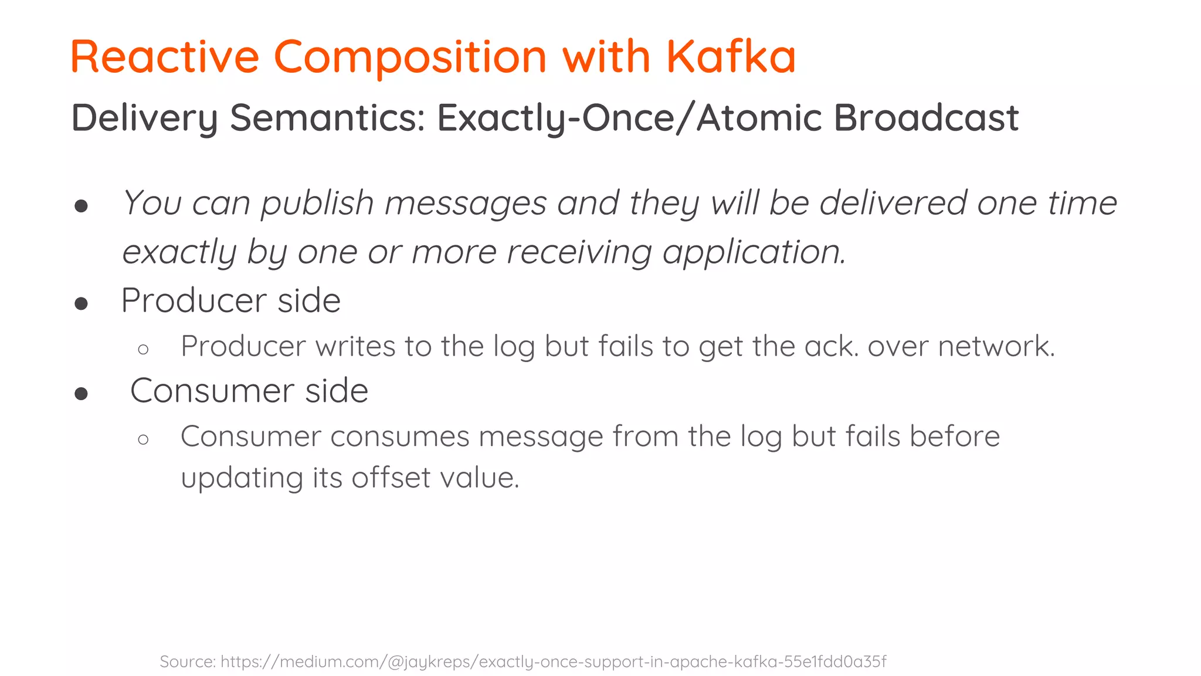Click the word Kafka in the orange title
(731, 57)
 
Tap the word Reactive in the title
(165, 57)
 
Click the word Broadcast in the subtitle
(926, 118)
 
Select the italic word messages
(466, 204)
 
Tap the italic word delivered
(893, 204)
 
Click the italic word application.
(754, 252)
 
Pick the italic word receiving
(579, 252)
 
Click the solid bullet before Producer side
(82, 303)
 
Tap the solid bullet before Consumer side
(82, 394)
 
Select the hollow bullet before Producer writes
(143, 350)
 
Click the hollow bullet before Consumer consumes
(143, 440)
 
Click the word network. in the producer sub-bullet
(996, 346)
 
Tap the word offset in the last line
(391, 477)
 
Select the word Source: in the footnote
(188, 662)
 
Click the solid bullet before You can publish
(82, 206)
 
